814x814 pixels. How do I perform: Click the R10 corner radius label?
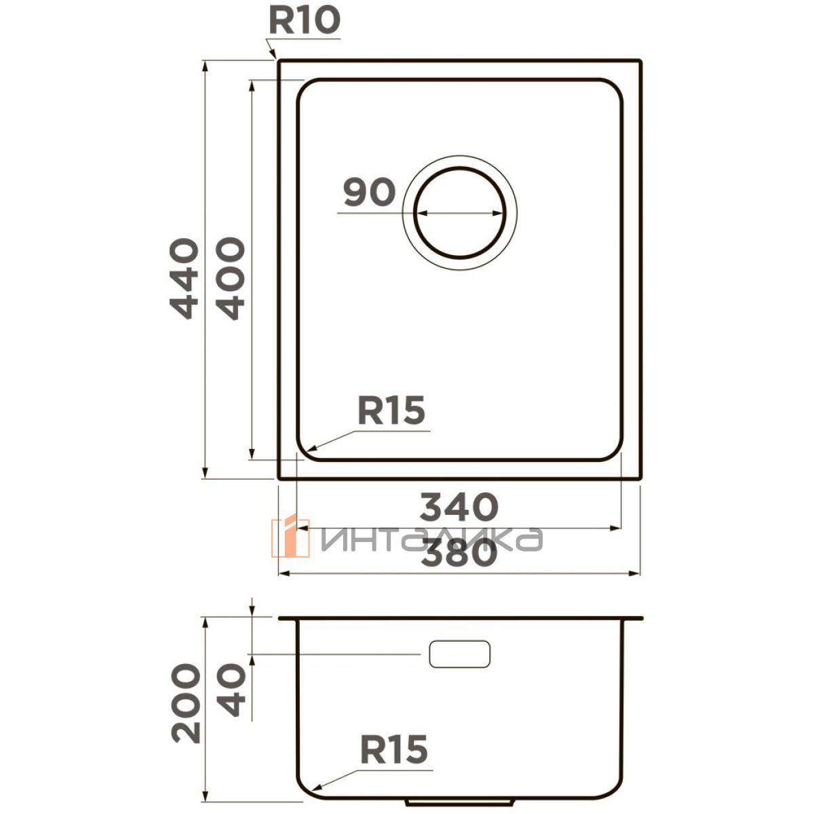tap(305, 21)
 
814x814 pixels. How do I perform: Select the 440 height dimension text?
tap(184, 278)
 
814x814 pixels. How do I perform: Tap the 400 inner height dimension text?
tap(230, 278)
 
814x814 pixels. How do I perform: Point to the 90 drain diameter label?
tap(369, 193)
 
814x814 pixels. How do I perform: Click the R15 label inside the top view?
tap(391, 410)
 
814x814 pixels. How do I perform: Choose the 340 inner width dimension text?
tap(459, 507)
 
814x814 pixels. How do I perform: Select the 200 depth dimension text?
tap(185, 703)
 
